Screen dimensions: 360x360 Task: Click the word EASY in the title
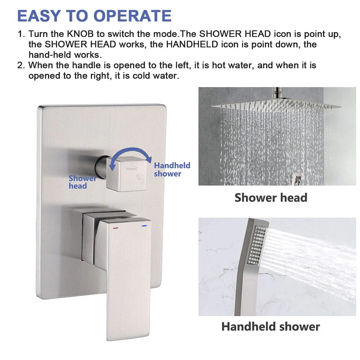[x=39, y=16]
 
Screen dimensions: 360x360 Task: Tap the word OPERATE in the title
[x=132, y=16]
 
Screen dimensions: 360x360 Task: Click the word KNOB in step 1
[x=80, y=34]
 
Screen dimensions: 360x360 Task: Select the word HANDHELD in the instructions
[x=192, y=44]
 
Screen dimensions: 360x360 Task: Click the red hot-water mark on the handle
[x=116, y=228]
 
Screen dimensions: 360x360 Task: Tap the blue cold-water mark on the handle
[x=144, y=226]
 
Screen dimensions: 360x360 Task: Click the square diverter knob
[x=126, y=174]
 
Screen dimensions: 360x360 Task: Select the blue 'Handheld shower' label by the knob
[x=172, y=170]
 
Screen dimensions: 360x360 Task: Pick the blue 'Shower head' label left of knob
[x=82, y=182]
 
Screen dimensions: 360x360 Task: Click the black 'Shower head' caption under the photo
[x=271, y=198]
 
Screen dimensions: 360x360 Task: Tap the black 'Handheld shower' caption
[x=271, y=327]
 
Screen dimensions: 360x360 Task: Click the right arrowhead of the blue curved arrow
[x=149, y=159]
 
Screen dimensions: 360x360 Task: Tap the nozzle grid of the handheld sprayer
[x=257, y=245]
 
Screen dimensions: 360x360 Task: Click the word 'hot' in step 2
[x=219, y=66]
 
